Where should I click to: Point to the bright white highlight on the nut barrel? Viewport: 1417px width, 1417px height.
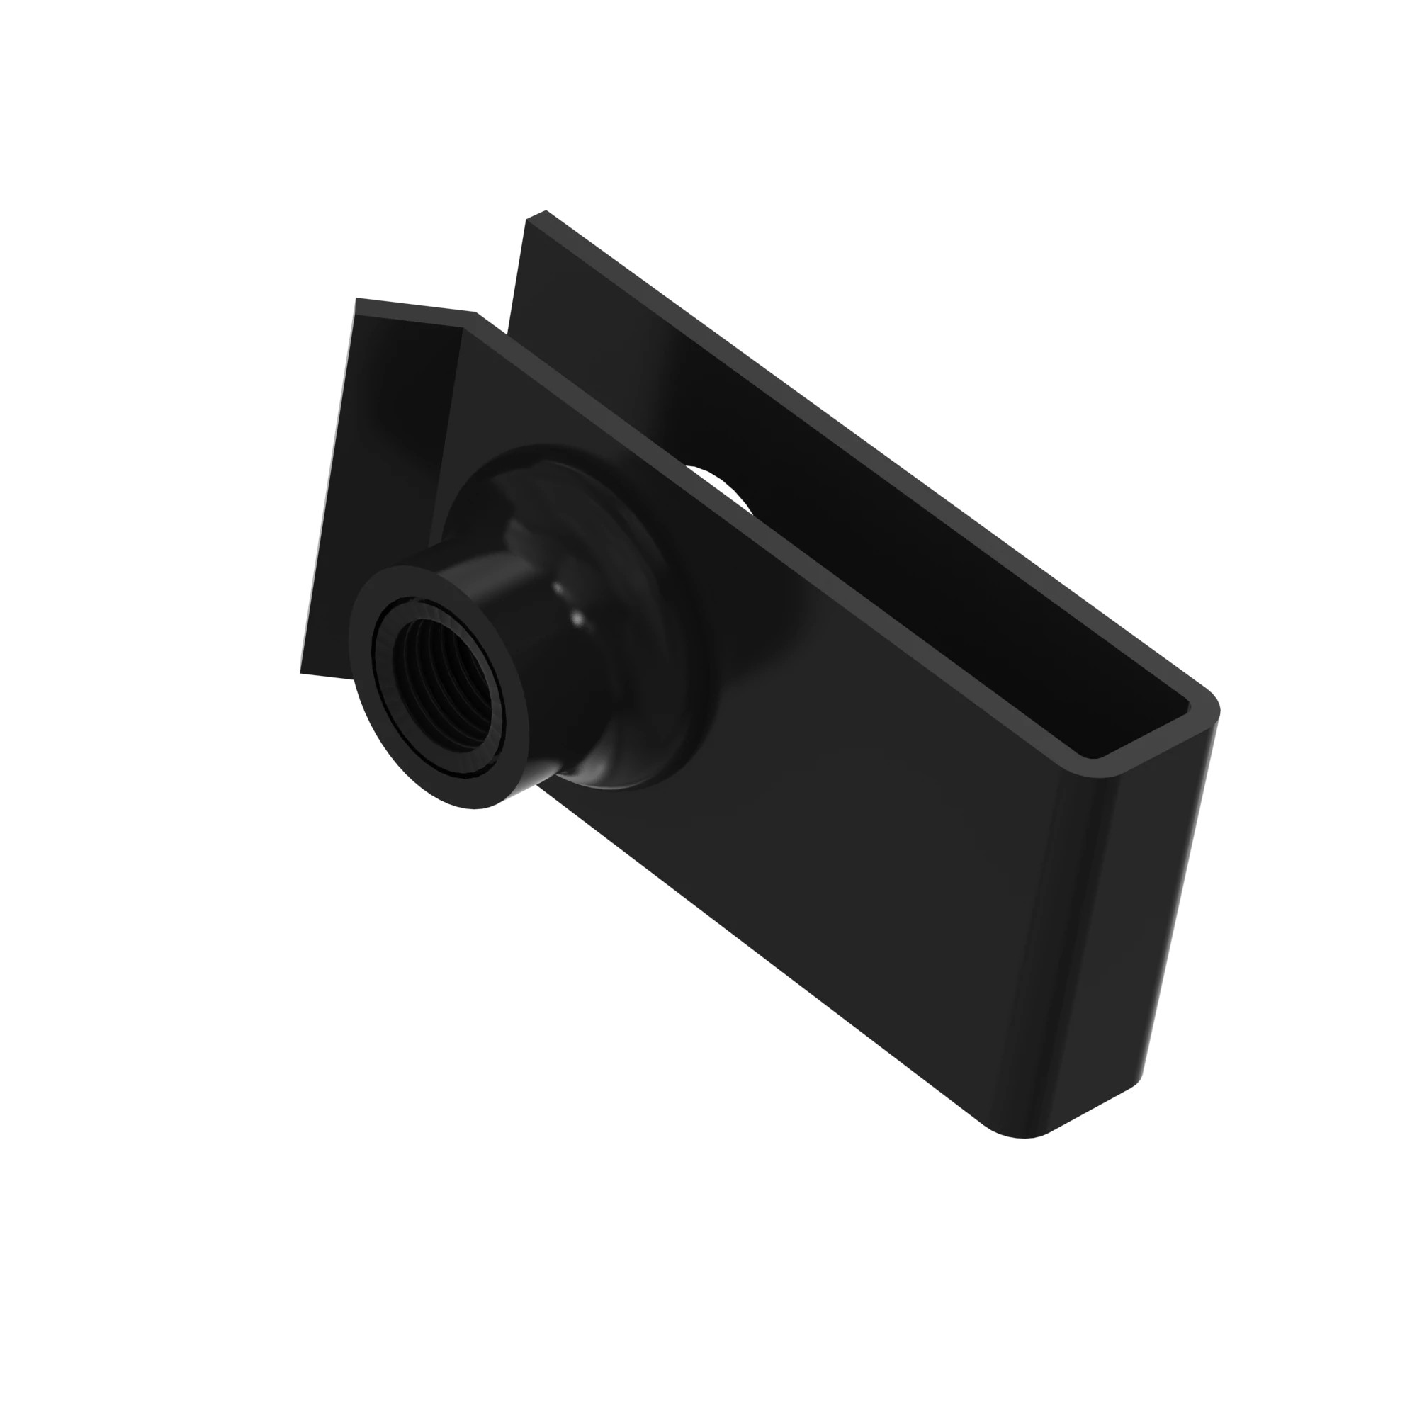[576, 621]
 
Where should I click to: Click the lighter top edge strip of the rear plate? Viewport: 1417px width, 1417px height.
[807, 411]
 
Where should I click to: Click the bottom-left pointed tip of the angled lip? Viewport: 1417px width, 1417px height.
[304, 670]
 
